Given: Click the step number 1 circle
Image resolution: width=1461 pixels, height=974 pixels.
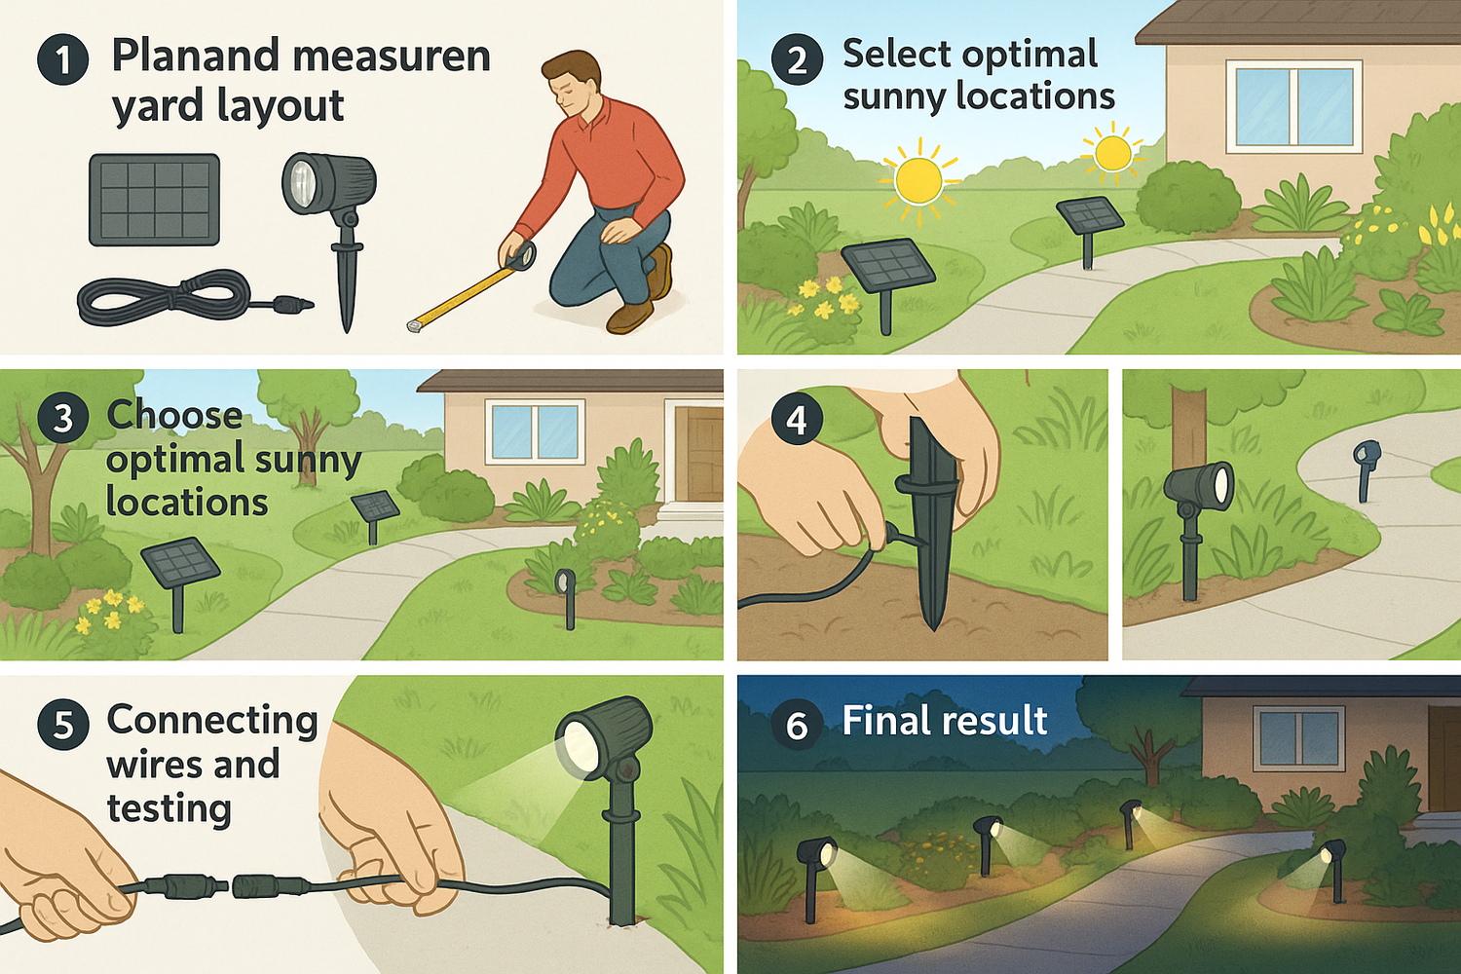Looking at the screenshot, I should (x=63, y=60).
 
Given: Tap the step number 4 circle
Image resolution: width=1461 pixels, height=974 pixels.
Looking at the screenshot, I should (x=797, y=420).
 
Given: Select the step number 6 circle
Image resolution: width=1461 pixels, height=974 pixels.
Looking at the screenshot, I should (x=797, y=725).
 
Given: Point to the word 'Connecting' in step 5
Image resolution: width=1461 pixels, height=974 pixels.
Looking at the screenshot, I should (x=212, y=720).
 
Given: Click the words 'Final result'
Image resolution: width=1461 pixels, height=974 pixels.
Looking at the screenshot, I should (x=944, y=721).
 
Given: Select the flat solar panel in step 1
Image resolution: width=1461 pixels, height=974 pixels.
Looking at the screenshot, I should (x=155, y=200).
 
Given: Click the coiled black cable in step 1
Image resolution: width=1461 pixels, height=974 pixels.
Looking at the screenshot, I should (x=166, y=297).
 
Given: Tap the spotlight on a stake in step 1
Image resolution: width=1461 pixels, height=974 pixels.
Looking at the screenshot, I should (x=329, y=185).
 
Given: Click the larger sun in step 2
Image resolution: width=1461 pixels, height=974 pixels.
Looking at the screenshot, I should (x=918, y=180).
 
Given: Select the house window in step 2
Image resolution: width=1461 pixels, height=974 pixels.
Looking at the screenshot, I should (x=1293, y=106).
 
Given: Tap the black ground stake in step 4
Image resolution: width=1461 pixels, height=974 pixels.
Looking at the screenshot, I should (x=930, y=516).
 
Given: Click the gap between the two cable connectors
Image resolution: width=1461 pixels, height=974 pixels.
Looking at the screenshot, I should (x=232, y=886).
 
